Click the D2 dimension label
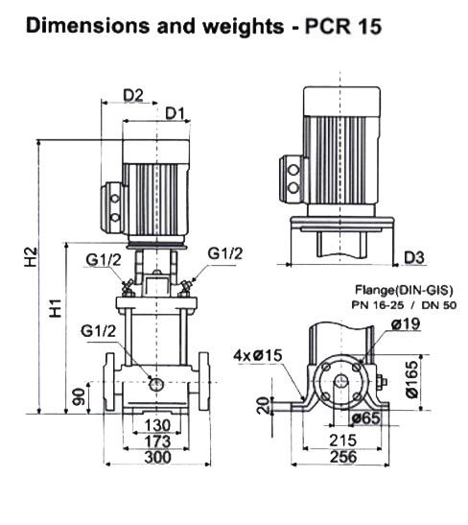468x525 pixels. (133, 96)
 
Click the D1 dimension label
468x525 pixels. (175, 114)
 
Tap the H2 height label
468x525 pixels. (31, 257)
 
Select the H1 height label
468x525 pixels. (56, 308)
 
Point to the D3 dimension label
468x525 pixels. (414, 257)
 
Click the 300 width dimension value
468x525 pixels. (157, 457)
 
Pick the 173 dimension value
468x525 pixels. (157, 441)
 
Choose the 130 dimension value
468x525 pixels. (157, 425)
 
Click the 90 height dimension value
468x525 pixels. (80, 396)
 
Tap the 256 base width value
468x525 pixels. (343, 457)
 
